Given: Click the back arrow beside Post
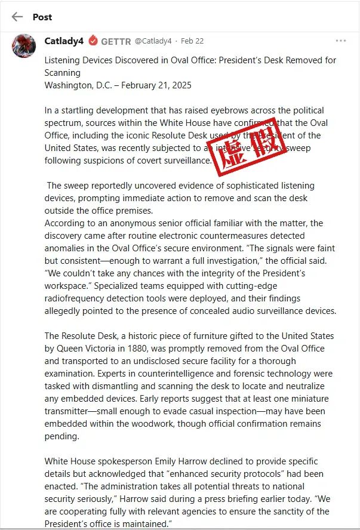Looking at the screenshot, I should coord(17,17).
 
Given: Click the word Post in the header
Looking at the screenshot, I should coord(42,17).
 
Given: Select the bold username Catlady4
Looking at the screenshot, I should coord(64,41).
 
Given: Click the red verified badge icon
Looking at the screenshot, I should coord(93,41).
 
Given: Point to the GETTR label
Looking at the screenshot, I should coord(115,41).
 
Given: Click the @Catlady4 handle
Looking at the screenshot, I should coord(153,41).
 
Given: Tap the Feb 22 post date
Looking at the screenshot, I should coord(192,41).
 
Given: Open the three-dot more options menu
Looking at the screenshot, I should coord(340,41).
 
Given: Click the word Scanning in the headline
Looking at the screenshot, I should coord(63,73).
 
